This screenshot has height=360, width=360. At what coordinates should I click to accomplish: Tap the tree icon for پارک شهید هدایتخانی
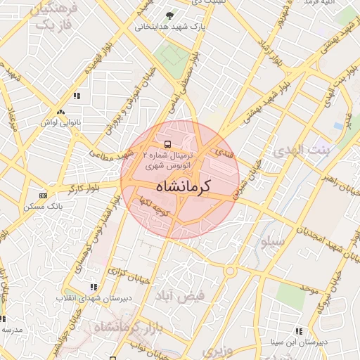[168, 16]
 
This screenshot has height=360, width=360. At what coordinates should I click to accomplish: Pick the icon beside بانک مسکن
[43, 195]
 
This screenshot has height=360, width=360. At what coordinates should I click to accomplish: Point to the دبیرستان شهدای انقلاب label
[89, 298]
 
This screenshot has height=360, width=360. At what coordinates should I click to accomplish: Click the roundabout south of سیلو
[230, 270]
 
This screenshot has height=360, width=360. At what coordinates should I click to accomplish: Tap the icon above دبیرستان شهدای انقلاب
[94, 286]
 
